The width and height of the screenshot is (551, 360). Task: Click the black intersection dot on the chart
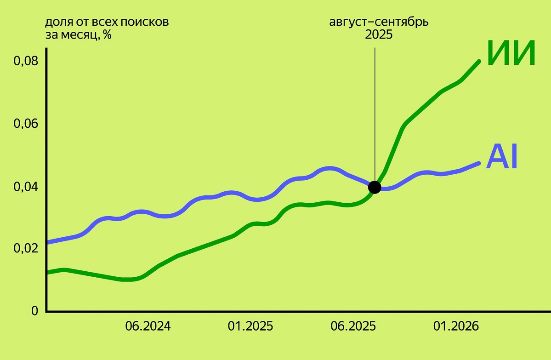(375, 187)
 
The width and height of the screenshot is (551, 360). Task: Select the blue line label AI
(502, 157)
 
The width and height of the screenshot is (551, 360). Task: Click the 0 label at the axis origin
(34, 311)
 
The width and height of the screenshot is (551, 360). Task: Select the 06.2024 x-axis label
(148, 326)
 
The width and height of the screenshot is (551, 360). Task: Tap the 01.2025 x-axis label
(250, 326)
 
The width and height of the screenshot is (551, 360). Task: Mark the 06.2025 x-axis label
(353, 326)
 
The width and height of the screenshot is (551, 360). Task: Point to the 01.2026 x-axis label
(456, 326)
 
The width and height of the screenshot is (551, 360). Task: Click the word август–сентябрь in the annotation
(379, 22)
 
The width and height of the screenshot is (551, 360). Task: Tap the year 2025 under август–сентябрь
(379, 35)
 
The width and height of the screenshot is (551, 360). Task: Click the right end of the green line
(479, 61)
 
